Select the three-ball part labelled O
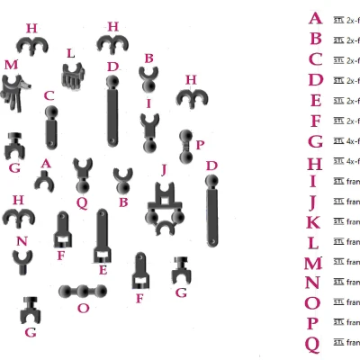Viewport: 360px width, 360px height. click(84, 292)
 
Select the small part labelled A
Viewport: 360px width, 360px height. click(44, 180)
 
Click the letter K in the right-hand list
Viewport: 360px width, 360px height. click(313, 222)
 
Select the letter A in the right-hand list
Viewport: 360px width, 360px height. click(314, 18)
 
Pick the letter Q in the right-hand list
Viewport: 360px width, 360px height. click(312, 343)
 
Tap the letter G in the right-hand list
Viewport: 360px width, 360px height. click(315, 141)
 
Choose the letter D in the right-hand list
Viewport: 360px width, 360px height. click(315, 80)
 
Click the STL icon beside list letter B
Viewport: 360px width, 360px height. click(338, 40)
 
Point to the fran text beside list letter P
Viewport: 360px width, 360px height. click(354, 323)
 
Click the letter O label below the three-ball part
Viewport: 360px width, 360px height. click(84, 308)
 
